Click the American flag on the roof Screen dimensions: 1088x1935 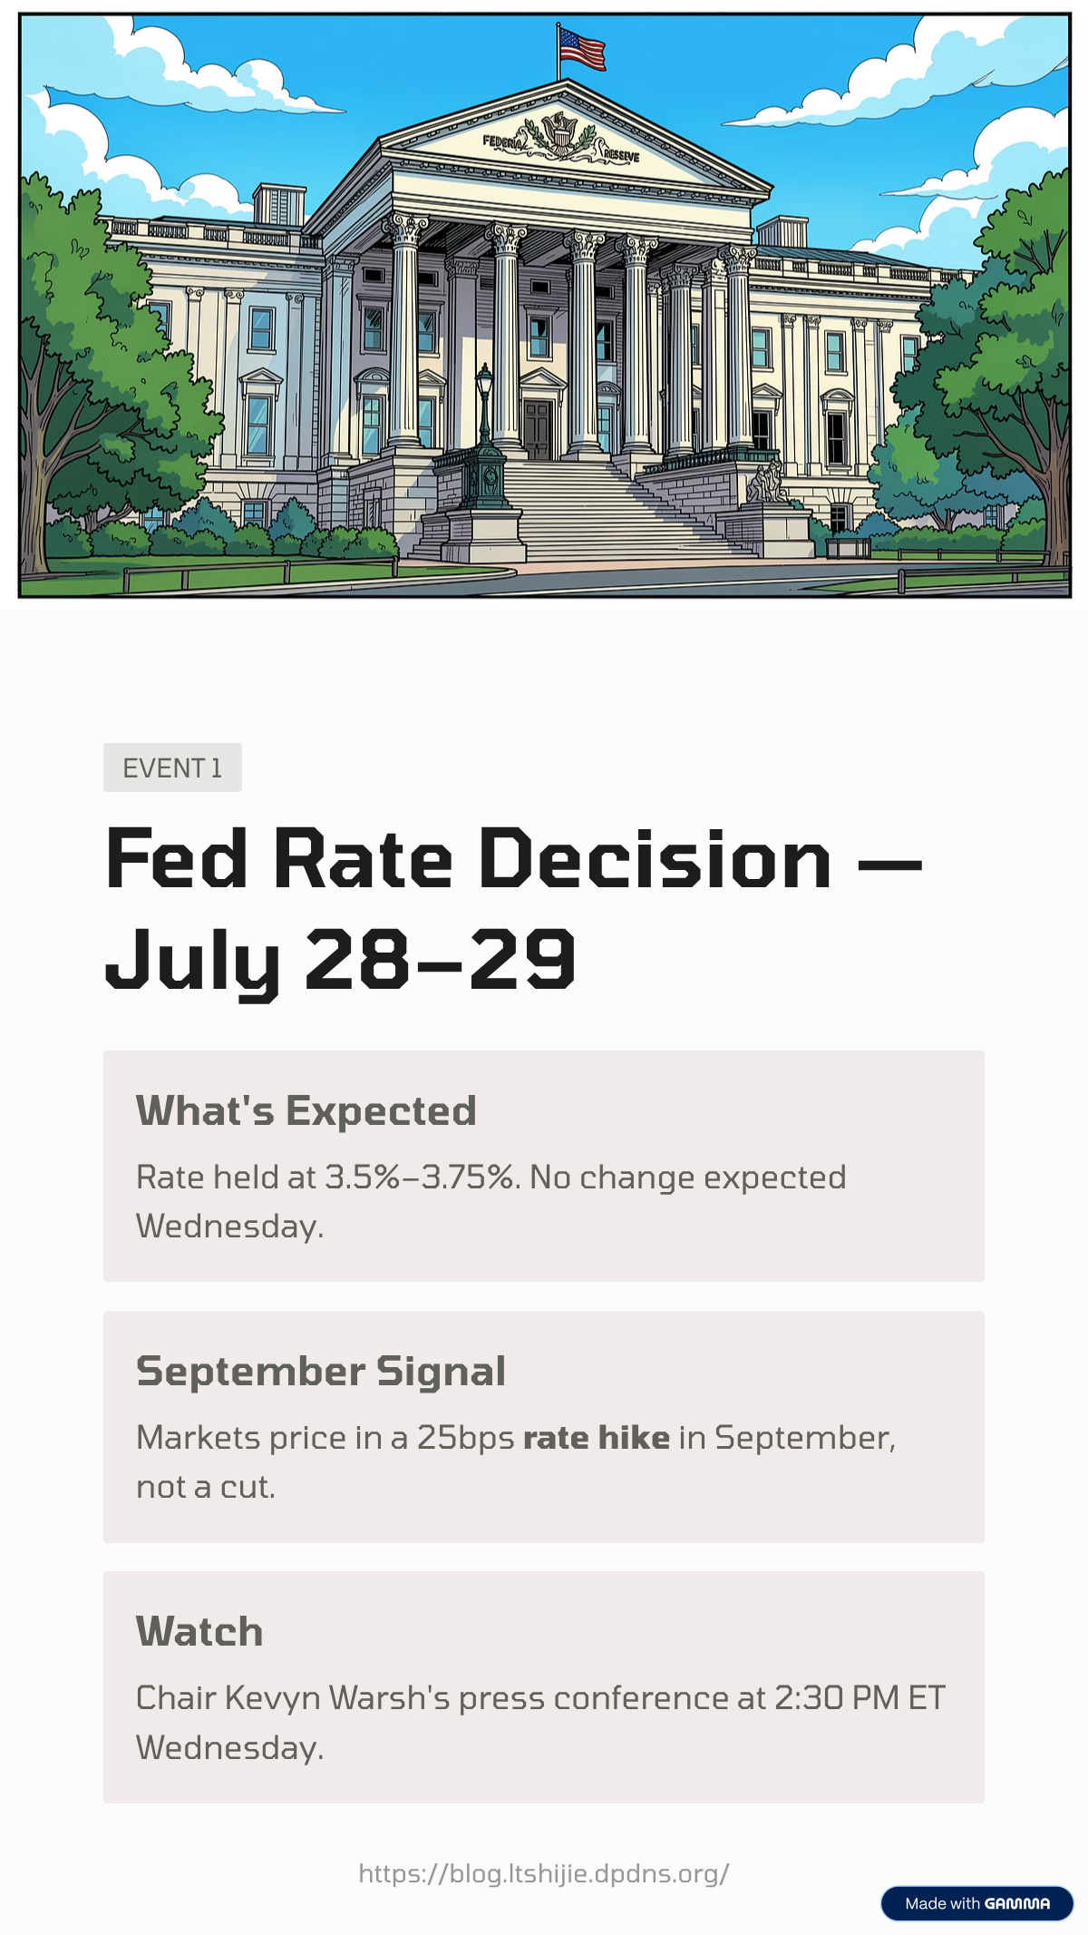(x=581, y=49)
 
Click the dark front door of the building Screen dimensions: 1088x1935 (x=537, y=429)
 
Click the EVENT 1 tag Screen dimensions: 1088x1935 (x=172, y=767)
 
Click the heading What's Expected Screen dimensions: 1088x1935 (x=306, y=1110)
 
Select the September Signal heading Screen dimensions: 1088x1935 (x=321, y=1371)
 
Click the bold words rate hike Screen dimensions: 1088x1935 (x=597, y=1438)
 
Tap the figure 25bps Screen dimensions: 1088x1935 (x=466, y=1439)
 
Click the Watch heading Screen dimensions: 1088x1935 (x=199, y=1631)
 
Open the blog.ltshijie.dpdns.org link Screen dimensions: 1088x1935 (x=544, y=1873)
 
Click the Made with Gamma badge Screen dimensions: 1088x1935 (x=977, y=1903)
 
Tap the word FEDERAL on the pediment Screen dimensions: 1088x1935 (x=502, y=142)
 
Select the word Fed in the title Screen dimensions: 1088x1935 (x=177, y=858)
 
